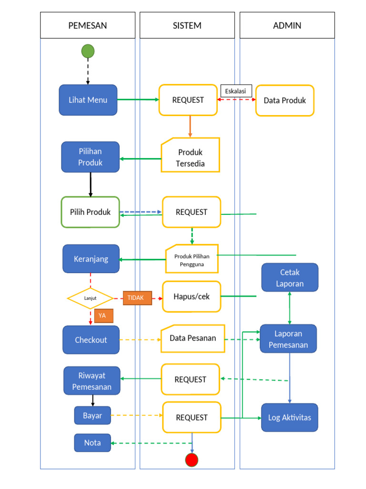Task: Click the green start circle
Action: (88, 51)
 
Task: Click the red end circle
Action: (192, 460)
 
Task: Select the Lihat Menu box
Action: (88, 100)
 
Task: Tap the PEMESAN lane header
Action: (88, 25)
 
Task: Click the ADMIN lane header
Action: (287, 25)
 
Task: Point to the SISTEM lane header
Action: (187, 25)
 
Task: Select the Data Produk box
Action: (285, 101)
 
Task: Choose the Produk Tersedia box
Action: (191, 155)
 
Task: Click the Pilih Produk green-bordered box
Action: (91, 212)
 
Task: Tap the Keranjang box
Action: (91, 259)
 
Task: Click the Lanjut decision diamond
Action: (91, 298)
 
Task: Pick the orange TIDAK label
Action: (137, 298)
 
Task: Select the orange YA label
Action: (103, 316)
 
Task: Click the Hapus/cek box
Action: (192, 297)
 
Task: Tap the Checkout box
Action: (91, 340)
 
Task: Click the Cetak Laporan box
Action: (290, 277)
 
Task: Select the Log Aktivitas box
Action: (289, 418)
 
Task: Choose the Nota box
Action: (92, 443)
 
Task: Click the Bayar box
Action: (92, 415)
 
